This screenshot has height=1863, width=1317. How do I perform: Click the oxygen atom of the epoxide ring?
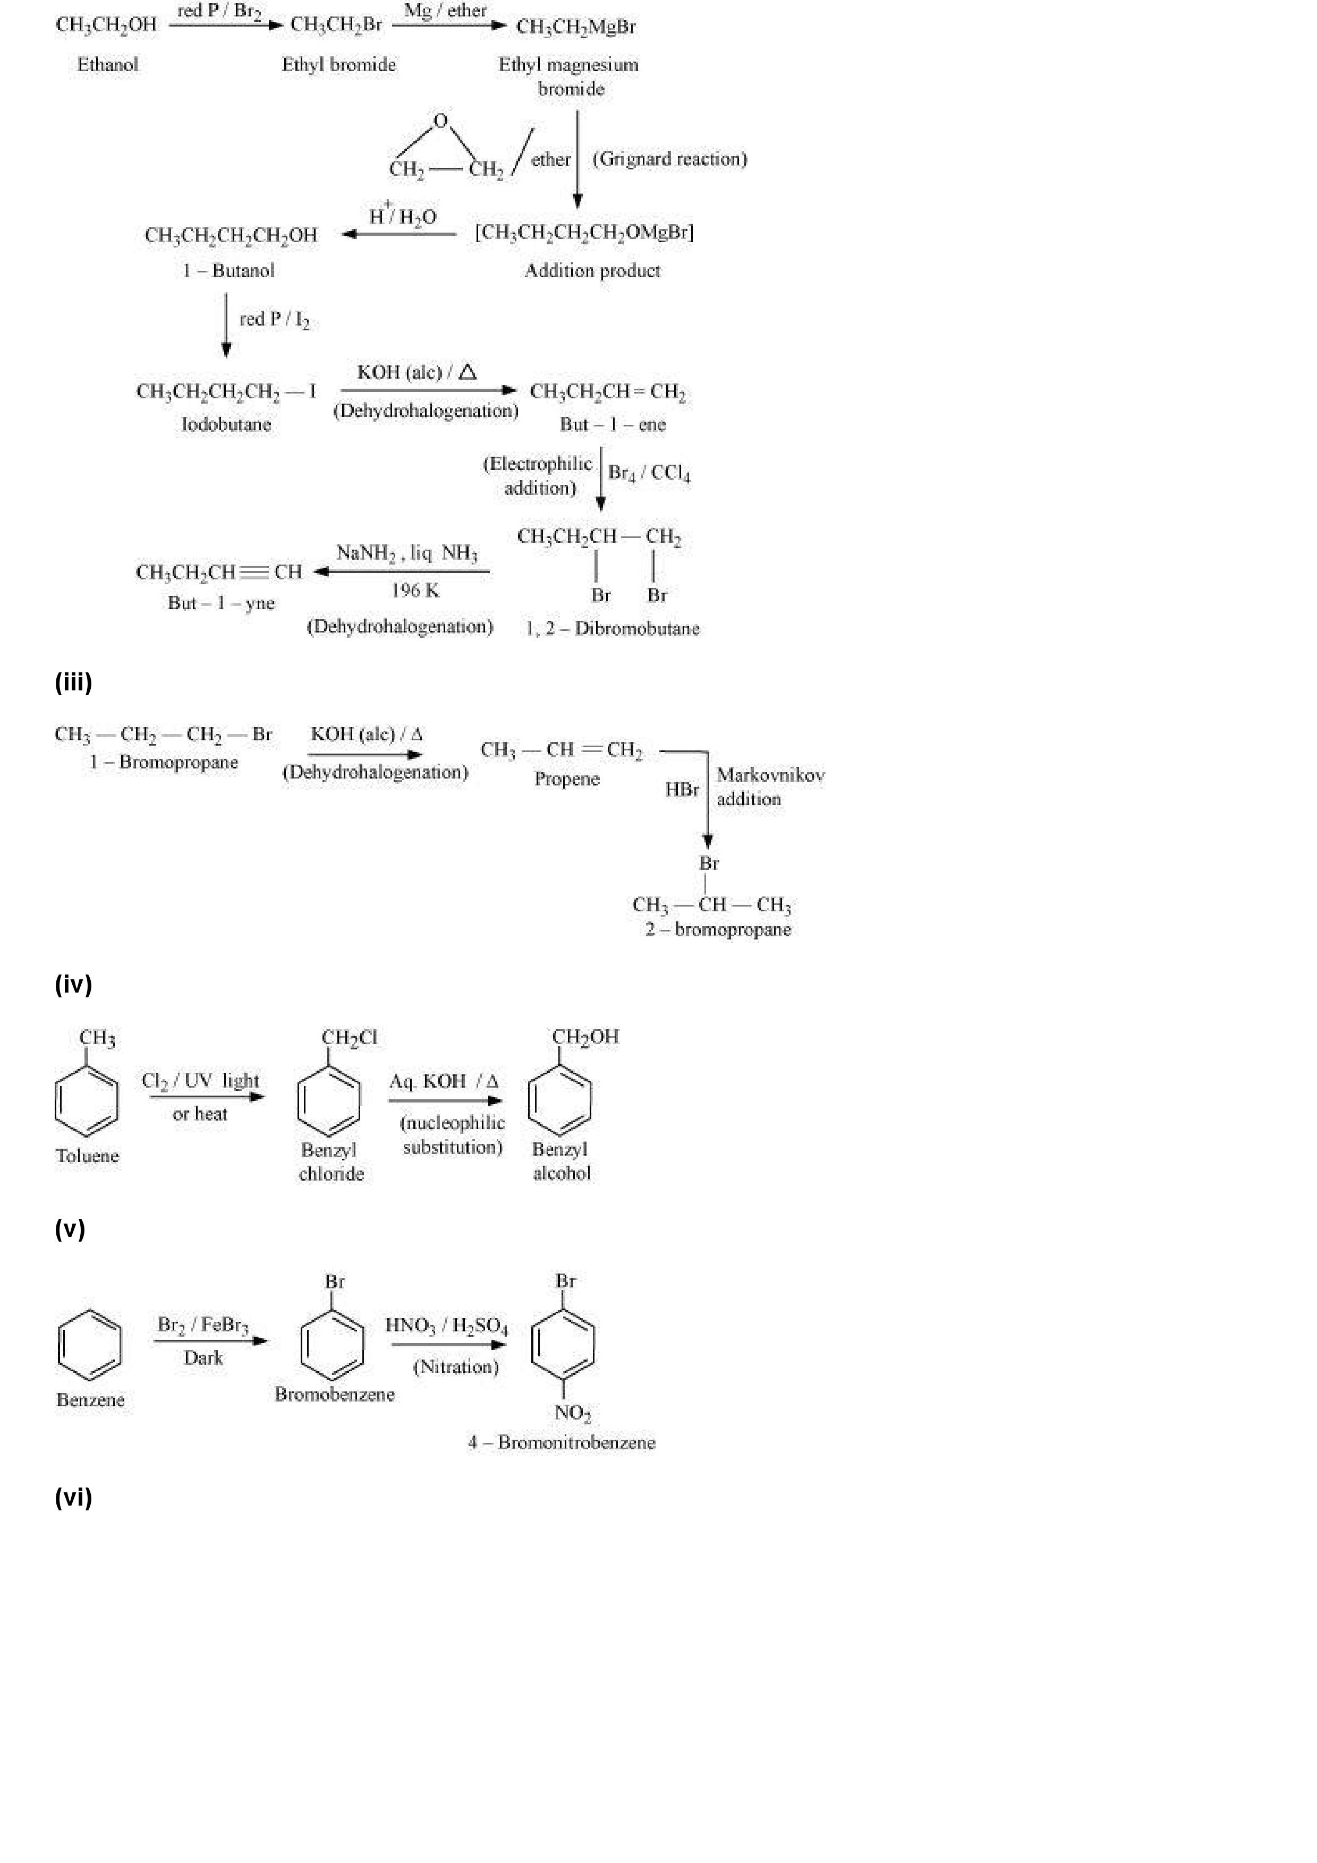click(x=440, y=122)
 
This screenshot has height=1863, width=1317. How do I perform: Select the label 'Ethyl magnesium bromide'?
click(x=569, y=76)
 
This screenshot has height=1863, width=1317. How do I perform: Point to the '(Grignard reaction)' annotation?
click(x=669, y=159)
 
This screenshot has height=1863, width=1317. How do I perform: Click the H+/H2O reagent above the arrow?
click(x=403, y=215)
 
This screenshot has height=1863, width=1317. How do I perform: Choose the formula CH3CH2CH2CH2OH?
click(x=231, y=235)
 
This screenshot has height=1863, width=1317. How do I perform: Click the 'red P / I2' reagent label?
click(x=274, y=320)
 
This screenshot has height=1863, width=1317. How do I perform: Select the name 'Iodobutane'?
click(x=226, y=424)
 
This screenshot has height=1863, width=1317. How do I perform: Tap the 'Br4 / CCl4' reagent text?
click(x=649, y=473)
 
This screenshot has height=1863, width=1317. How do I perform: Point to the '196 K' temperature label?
click(x=415, y=591)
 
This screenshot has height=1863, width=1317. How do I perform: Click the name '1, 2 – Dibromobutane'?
click(x=613, y=629)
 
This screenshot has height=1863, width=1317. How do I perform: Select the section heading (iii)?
click(x=73, y=682)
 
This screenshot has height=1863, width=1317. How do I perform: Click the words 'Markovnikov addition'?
click(x=769, y=787)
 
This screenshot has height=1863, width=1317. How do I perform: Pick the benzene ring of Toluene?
click(x=86, y=1101)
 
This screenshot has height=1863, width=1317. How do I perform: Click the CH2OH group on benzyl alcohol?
click(x=585, y=1037)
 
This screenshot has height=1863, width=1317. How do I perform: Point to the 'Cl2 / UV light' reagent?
click(x=200, y=1081)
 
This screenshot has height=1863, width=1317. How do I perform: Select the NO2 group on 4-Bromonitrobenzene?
click(x=572, y=1413)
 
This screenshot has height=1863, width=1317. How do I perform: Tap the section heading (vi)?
click(x=73, y=1498)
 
